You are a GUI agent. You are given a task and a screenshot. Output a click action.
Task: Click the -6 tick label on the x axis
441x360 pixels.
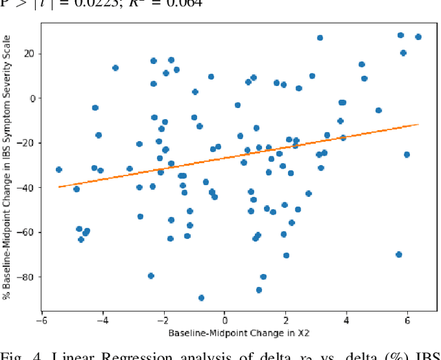[41, 321]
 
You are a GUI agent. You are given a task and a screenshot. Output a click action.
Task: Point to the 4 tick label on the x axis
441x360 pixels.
[347, 321]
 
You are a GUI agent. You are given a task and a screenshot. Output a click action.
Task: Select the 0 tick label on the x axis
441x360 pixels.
[225, 321]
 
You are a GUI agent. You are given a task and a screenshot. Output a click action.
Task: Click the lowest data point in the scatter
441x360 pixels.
[201, 298]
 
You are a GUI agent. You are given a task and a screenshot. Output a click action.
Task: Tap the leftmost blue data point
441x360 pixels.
[59, 169]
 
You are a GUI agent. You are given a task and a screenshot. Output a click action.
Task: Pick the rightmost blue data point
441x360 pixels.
[418, 37]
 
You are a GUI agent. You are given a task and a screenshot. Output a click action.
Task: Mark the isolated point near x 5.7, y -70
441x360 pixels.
[399, 255]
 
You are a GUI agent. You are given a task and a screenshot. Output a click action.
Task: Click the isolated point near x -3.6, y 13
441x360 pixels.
[115, 68]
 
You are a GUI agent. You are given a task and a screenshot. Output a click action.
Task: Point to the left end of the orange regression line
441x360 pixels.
[59, 187]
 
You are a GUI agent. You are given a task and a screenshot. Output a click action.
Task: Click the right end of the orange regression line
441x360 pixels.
[418, 125]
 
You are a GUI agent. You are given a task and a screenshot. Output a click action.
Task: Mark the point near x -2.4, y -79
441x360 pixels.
[151, 276]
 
